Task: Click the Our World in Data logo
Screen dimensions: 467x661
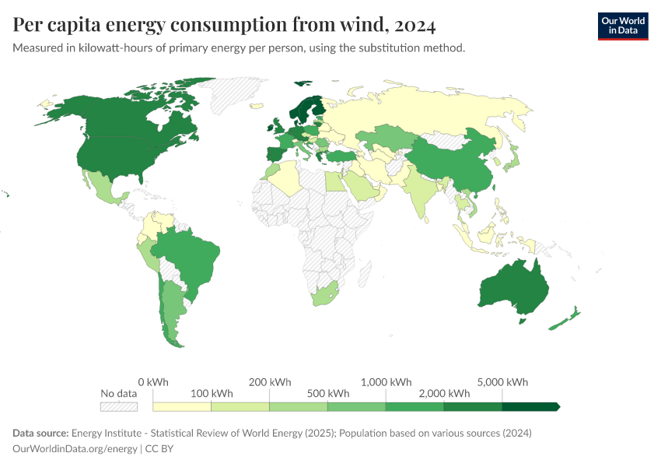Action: coord(622,25)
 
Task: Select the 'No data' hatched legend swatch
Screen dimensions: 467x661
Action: coord(119,406)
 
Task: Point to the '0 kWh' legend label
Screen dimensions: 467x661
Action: coord(152,382)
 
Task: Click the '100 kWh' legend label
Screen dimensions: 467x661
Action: coord(212,393)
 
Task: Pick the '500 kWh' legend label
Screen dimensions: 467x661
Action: coord(327,393)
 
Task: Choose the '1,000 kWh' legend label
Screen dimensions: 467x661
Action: coord(386,382)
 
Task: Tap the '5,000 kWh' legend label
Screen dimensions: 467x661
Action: coord(503,382)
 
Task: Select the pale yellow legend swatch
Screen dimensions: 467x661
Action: coord(182,406)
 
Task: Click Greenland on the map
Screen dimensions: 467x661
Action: coord(241,93)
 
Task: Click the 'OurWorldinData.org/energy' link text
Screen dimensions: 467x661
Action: coord(75,448)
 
